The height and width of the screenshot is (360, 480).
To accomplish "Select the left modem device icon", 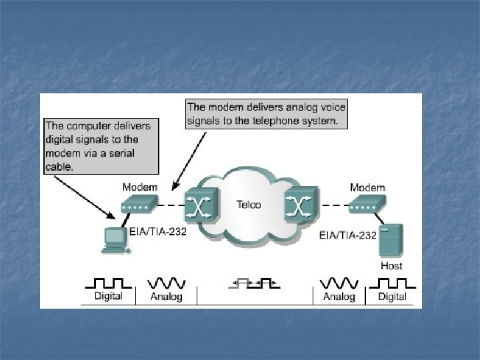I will pyautogui.click(x=138, y=203).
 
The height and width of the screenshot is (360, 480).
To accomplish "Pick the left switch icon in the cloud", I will pyautogui.click(x=198, y=205).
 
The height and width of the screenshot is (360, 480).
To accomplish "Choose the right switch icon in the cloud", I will pyautogui.click(x=299, y=205).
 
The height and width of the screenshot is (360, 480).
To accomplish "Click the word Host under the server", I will pyautogui.click(x=391, y=265).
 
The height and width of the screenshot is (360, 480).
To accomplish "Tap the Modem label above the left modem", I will pyautogui.click(x=139, y=187).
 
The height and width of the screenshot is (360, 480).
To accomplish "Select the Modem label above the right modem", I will pyautogui.click(x=367, y=187).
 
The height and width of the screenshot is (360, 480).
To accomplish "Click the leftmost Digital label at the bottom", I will pyautogui.click(x=107, y=296).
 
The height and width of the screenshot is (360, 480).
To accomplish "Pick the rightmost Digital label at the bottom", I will pyautogui.click(x=392, y=296).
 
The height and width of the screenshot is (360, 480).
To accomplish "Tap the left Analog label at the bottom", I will pyautogui.click(x=167, y=297).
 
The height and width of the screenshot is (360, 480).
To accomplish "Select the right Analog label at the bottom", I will pyautogui.click(x=339, y=297).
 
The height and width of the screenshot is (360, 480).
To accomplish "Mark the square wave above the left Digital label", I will pyautogui.click(x=107, y=283).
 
